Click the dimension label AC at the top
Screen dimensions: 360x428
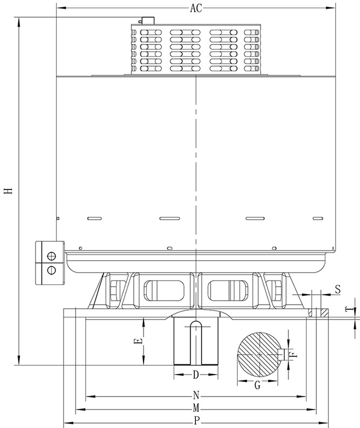(x=196, y=8)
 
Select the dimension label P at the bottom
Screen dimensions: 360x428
(x=196, y=420)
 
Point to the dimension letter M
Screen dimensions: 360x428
(x=196, y=408)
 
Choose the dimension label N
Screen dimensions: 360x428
(x=196, y=395)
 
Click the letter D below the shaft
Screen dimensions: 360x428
(x=196, y=375)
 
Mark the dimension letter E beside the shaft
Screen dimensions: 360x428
(x=139, y=341)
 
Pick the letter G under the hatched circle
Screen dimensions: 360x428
(x=257, y=385)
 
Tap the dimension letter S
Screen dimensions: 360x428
(x=338, y=289)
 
